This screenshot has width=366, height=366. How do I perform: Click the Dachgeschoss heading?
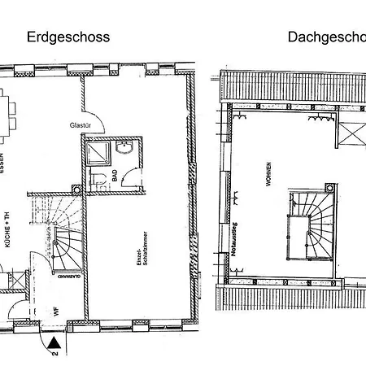click(x=325, y=37)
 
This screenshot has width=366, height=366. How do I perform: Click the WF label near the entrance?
click(x=57, y=308)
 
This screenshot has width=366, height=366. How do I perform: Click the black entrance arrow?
click(x=53, y=342)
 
